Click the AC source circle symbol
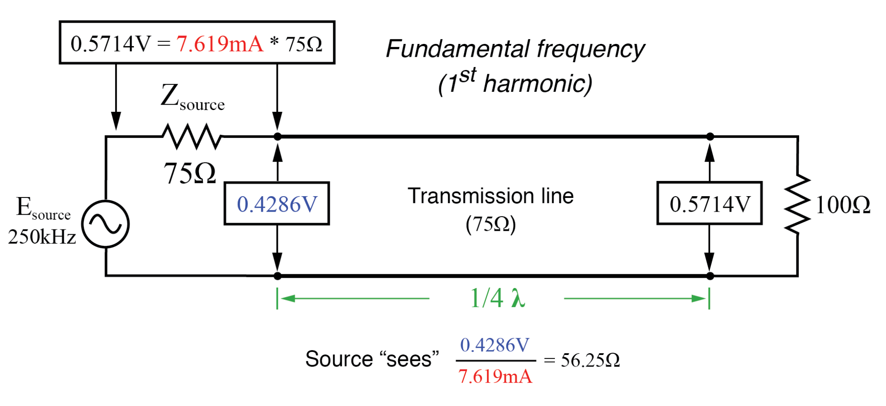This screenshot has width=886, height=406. point(105,224)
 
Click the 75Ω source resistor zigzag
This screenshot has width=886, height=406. point(191,136)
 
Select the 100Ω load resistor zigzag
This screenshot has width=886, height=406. point(797,204)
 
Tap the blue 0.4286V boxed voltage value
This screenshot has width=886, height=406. point(277,204)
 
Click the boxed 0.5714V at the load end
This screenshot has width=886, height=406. point(710,204)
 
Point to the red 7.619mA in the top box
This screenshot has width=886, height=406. point(220,43)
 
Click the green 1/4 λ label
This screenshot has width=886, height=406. point(497,298)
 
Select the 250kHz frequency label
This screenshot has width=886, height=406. point(42,237)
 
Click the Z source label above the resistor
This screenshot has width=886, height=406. point(192,97)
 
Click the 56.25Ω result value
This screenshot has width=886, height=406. point(590,360)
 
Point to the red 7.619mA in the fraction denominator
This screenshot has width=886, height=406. point(495,377)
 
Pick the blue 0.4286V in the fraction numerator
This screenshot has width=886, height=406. point(495,345)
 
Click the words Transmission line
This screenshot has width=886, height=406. point(491,196)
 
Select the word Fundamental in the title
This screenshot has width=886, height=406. point(457,49)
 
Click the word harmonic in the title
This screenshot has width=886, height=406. point(537,83)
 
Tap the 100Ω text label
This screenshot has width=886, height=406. point(843,205)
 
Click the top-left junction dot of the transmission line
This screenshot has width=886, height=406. point(277,137)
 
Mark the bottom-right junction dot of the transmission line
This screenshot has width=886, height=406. point(710,276)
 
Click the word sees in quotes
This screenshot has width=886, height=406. point(409,359)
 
